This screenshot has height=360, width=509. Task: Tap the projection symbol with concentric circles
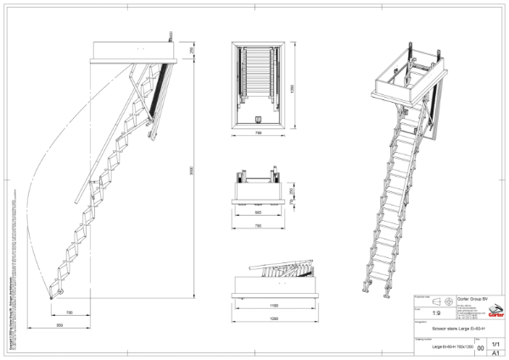[447, 301]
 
